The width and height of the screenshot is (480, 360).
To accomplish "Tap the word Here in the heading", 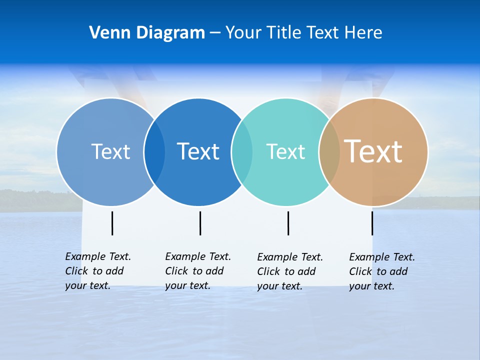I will click(x=363, y=32).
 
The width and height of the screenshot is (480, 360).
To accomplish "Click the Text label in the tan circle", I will click(x=373, y=151).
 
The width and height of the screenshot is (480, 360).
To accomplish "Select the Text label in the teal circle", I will click(x=285, y=151).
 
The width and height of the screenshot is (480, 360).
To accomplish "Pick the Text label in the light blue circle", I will click(x=110, y=151).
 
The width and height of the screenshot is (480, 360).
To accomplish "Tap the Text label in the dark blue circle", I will click(x=198, y=151).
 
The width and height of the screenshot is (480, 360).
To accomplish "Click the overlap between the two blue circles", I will click(x=154, y=151).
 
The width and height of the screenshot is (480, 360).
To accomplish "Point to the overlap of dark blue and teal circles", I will click(x=242, y=151).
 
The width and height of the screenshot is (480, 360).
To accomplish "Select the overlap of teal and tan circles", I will click(x=329, y=151).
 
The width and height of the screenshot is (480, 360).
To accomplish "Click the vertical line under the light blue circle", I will click(x=112, y=223).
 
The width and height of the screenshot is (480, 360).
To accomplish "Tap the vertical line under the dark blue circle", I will click(x=200, y=223).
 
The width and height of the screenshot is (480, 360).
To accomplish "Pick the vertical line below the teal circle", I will click(x=288, y=223).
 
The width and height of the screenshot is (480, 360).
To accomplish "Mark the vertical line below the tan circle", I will click(x=372, y=223).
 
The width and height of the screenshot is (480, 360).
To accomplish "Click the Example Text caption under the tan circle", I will click(x=382, y=271).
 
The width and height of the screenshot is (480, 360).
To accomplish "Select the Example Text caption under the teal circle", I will click(x=290, y=271).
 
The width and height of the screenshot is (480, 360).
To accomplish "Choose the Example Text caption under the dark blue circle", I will click(x=198, y=271).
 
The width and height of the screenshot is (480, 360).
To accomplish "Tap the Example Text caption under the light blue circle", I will click(x=98, y=271).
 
